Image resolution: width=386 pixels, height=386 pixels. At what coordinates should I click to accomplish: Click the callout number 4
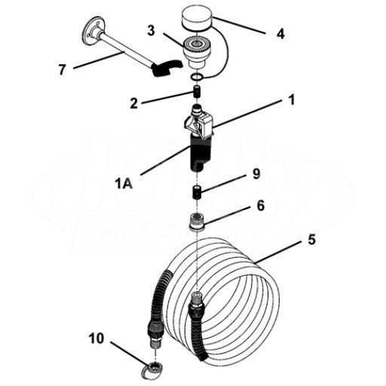pyautogui.click(x=280, y=34)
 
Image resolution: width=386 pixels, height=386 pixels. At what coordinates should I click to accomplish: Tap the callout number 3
pyautogui.click(x=151, y=30)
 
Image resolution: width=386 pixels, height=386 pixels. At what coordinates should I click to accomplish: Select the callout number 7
pyautogui.click(x=62, y=69)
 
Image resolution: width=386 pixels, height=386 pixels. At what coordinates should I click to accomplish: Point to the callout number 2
pyautogui.click(x=134, y=103)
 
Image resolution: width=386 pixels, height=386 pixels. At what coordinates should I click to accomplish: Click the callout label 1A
pyautogui.click(x=124, y=185)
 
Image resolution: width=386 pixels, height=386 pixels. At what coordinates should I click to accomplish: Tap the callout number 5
pyautogui.click(x=311, y=240)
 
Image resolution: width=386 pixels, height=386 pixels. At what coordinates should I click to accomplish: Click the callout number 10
pyautogui.click(x=96, y=339)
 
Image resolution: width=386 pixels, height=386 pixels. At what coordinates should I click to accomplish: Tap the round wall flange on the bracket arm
pyautogui.click(x=91, y=32)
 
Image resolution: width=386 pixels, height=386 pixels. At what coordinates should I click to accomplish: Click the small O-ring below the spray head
pyautogui.click(x=196, y=77)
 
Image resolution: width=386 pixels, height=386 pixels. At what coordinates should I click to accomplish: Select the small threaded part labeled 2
pyautogui.click(x=197, y=92)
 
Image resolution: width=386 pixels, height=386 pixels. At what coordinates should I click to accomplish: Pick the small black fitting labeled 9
pyautogui.click(x=198, y=192)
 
